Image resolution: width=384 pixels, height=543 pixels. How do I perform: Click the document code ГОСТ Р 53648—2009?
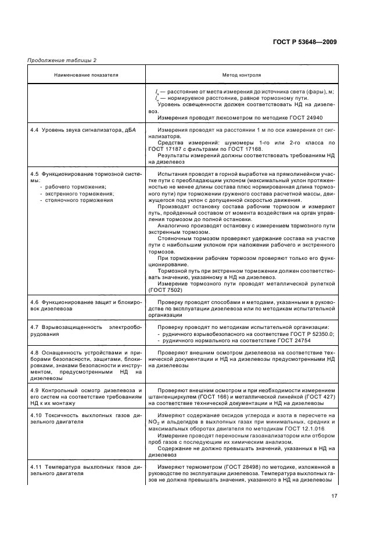(x=306, y=42)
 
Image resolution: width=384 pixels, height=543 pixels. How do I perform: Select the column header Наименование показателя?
(x=86, y=75)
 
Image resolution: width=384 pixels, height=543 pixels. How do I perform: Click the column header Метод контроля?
(x=242, y=75)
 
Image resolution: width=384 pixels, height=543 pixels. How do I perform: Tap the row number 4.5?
(x=34, y=173)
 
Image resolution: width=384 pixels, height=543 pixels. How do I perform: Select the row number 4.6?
(x=34, y=302)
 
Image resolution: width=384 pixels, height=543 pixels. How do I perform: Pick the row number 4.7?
(x=34, y=328)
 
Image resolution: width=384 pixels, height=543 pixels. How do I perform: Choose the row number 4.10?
(x=36, y=415)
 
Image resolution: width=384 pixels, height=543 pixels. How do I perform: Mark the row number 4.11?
(x=36, y=466)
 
